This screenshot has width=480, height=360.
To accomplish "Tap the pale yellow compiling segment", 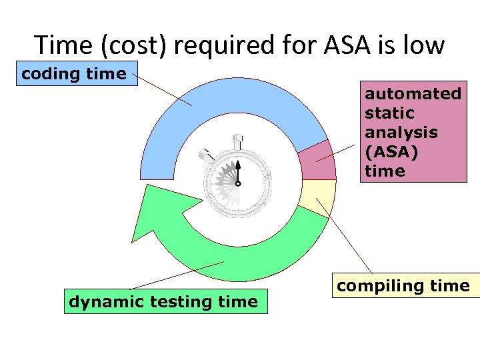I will click(318, 193).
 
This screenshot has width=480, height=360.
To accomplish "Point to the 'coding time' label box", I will click(74, 73).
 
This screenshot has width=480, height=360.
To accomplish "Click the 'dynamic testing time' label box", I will click(163, 301).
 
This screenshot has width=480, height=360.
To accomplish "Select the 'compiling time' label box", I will click(403, 286).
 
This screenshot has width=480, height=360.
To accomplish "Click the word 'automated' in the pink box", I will click(413, 94).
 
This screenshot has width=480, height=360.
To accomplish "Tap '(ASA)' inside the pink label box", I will click(391, 151).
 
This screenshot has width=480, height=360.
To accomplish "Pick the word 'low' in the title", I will click(423, 45).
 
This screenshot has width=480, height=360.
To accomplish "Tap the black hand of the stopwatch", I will click(237, 171).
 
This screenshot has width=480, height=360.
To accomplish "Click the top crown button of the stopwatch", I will click(237, 141).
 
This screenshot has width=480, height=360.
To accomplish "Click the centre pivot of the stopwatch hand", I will click(237, 183).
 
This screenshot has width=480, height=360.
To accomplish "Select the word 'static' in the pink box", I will click(389, 113).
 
